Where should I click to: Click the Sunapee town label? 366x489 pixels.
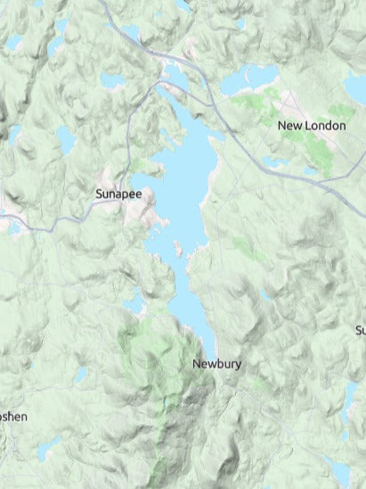118,192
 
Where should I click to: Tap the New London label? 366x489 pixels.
311,126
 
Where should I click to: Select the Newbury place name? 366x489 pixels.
216,364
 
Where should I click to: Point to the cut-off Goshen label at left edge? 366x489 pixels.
12,417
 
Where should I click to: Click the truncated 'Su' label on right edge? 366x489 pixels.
360,330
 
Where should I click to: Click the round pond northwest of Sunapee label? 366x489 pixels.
66,137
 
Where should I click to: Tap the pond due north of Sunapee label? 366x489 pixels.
113,80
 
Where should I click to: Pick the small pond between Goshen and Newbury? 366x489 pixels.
80,375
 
